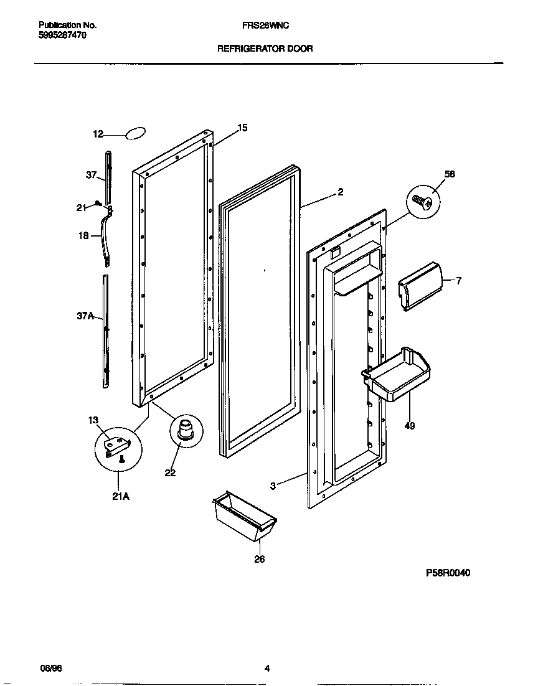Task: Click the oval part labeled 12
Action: [x=136, y=133]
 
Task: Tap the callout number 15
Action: [x=243, y=128]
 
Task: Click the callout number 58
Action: [x=450, y=174]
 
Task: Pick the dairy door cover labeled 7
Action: [x=420, y=285]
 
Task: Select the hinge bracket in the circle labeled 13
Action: [x=117, y=446]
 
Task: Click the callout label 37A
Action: [x=85, y=316]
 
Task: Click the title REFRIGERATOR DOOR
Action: [x=265, y=48]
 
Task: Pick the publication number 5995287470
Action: [x=62, y=35]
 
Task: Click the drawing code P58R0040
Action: [x=448, y=573]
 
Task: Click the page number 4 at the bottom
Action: [x=267, y=669]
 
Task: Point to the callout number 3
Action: [x=273, y=486]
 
